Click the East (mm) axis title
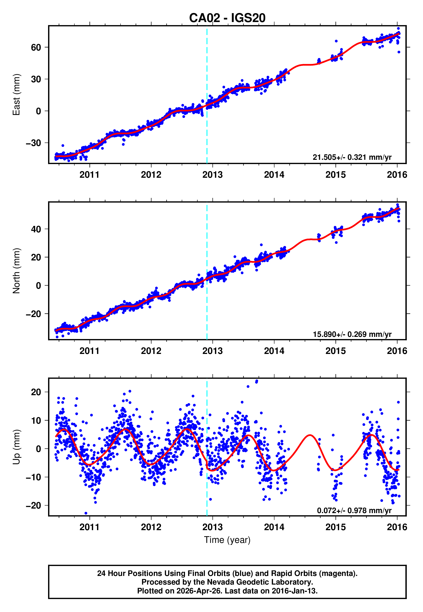pos(16,95)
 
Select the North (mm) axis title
pos(16,271)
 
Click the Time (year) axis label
pos(227,540)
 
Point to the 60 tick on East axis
pos(36,48)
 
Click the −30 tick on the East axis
pos(33,143)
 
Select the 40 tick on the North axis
pos(36,229)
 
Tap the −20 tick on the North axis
pos(33,314)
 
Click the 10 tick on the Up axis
pos(36,420)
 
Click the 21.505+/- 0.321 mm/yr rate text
pos(352,157)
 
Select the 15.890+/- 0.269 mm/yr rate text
pos(352,334)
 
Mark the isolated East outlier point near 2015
pos(336,41)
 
